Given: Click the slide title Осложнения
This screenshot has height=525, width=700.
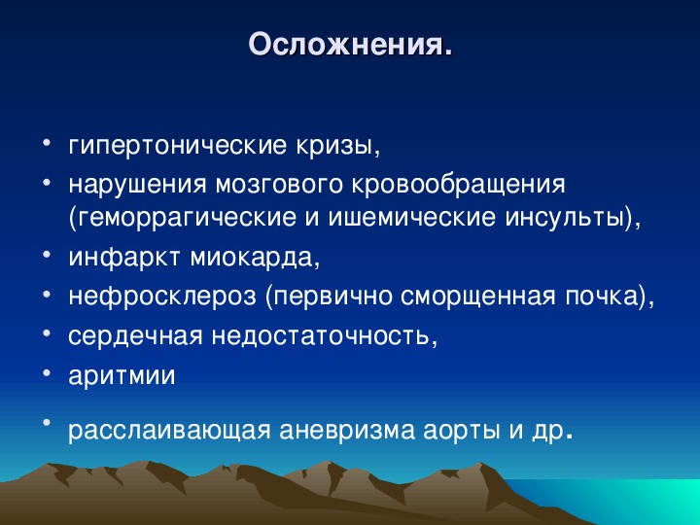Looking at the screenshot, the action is pyautogui.click(x=350, y=45).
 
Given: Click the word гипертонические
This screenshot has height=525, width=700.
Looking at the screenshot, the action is pyautogui.click(x=176, y=145).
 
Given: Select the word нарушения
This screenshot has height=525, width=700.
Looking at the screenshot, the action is pyautogui.click(x=137, y=185).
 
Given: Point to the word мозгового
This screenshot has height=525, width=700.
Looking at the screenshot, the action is pyautogui.click(x=279, y=185).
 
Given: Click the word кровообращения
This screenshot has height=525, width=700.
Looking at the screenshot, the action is pyautogui.click(x=459, y=185).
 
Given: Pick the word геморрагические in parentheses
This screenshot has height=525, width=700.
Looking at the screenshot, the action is pyautogui.click(x=182, y=218).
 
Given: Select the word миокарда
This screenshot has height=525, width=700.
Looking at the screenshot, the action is pyautogui.click(x=255, y=257).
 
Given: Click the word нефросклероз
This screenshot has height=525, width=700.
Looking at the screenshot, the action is pyautogui.click(x=162, y=296).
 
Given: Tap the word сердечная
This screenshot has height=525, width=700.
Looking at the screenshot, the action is pyautogui.click(x=135, y=335).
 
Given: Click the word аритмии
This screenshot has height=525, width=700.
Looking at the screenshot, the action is pyautogui.click(x=122, y=375).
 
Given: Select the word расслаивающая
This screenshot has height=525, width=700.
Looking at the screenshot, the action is pyautogui.click(x=169, y=430).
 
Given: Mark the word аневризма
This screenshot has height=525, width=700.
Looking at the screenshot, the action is pyautogui.click(x=347, y=430).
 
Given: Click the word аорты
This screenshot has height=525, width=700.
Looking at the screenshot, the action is pyautogui.click(x=461, y=431).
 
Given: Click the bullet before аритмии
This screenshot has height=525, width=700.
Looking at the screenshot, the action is pyautogui.click(x=47, y=372).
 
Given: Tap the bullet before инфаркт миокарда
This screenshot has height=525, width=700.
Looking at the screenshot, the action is pyautogui.click(x=47, y=254).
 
